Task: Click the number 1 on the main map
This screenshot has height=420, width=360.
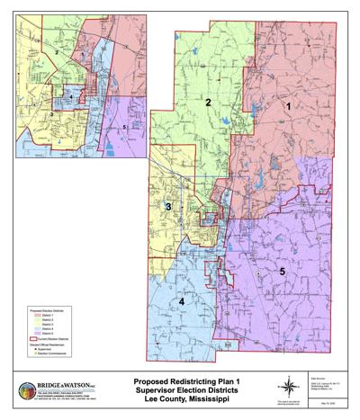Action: [289, 107]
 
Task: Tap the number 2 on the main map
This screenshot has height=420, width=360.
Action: [208, 103]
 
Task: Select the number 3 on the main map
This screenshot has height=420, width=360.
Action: [168, 208]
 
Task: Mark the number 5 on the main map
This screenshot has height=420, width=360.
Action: [282, 271]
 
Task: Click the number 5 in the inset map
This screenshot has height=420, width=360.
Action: [123, 128]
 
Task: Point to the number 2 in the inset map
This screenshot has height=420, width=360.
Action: [57, 53]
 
